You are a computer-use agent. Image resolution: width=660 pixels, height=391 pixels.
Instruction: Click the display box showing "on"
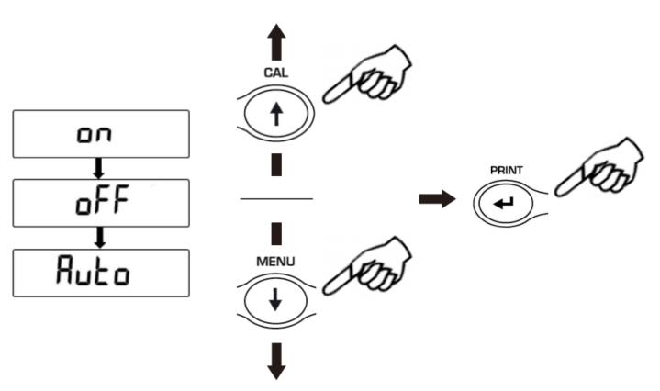click(101, 134)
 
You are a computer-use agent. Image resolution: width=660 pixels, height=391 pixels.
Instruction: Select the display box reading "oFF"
click(101, 203)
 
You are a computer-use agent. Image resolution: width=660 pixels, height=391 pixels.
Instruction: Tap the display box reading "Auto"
click(101, 273)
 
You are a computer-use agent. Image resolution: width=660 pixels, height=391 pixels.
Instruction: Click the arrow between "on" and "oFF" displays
click(99, 168)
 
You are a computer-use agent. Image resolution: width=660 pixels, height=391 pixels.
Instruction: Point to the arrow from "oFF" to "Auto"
click(100, 238)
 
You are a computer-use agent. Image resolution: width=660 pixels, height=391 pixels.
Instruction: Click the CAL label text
click(276, 73)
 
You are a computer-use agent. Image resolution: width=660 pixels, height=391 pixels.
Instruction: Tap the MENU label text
click(275, 262)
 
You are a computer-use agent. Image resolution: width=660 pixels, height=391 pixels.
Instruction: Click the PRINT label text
click(507, 170)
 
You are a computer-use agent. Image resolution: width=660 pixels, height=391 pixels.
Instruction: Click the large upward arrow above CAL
click(276, 42)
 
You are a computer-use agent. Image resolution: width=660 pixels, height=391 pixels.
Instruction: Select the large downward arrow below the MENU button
click(276, 361)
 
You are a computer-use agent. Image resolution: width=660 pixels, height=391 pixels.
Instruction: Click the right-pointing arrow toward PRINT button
click(437, 198)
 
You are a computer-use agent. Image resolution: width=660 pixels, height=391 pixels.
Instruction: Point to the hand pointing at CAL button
click(366, 75)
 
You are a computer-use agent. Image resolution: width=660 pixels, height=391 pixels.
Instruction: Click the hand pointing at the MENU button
click(366, 266)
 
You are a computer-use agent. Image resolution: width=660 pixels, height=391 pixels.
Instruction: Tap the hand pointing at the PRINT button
click(598, 168)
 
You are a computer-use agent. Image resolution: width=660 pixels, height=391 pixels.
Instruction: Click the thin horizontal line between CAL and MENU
click(276, 198)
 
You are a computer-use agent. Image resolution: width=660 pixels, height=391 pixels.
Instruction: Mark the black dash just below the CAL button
click(276, 164)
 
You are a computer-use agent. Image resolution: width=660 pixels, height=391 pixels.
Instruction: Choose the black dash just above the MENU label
click(276, 233)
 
